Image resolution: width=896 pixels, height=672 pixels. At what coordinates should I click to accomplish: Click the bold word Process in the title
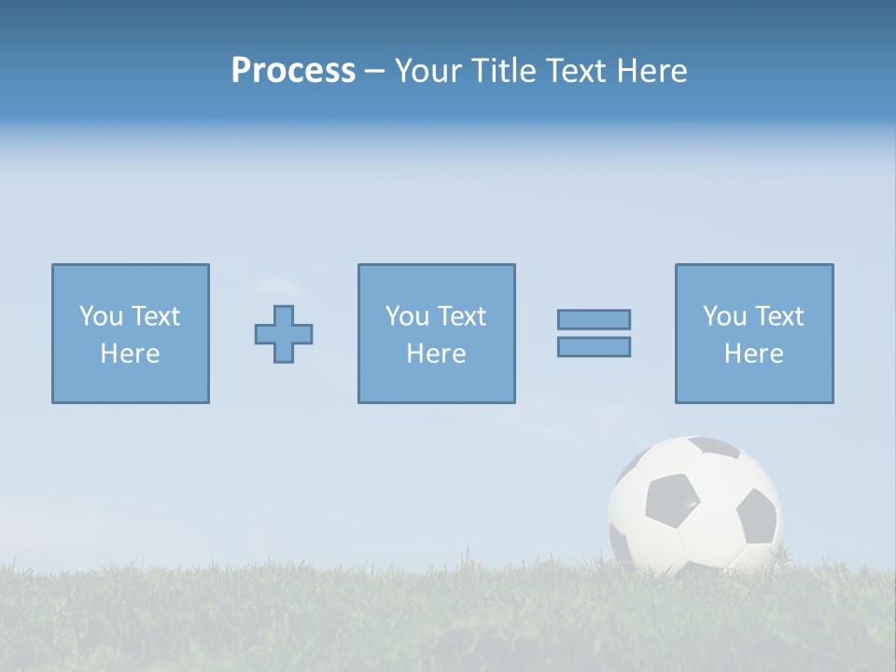(x=293, y=71)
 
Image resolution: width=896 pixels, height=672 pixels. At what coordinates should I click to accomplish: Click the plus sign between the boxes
(x=284, y=334)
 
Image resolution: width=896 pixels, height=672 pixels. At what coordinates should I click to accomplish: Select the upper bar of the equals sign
(x=594, y=319)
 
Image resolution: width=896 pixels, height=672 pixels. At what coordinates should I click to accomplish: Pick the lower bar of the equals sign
(x=594, y=346)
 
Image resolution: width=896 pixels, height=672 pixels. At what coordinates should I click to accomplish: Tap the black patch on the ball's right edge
(x=757, y=516)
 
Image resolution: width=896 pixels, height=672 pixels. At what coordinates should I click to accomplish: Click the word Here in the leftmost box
(x=131, y=354)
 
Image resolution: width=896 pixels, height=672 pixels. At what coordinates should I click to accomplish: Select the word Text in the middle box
(x=462, y=316)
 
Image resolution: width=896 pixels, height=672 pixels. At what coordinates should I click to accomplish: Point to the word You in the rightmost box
(x=724, y=316)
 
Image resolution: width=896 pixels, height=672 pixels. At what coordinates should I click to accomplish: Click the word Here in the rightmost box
(x=754, y=354)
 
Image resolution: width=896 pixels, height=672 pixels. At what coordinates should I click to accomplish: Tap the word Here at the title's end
(x=651, y=71)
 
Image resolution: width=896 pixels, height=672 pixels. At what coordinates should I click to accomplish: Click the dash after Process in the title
(x=375, y=71)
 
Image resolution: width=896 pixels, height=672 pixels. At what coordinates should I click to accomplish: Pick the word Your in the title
(x=426, y=71)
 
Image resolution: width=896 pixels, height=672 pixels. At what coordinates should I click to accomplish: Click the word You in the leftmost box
(x=101, y=316)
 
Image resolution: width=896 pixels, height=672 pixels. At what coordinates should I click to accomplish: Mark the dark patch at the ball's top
(x=715, y=447)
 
